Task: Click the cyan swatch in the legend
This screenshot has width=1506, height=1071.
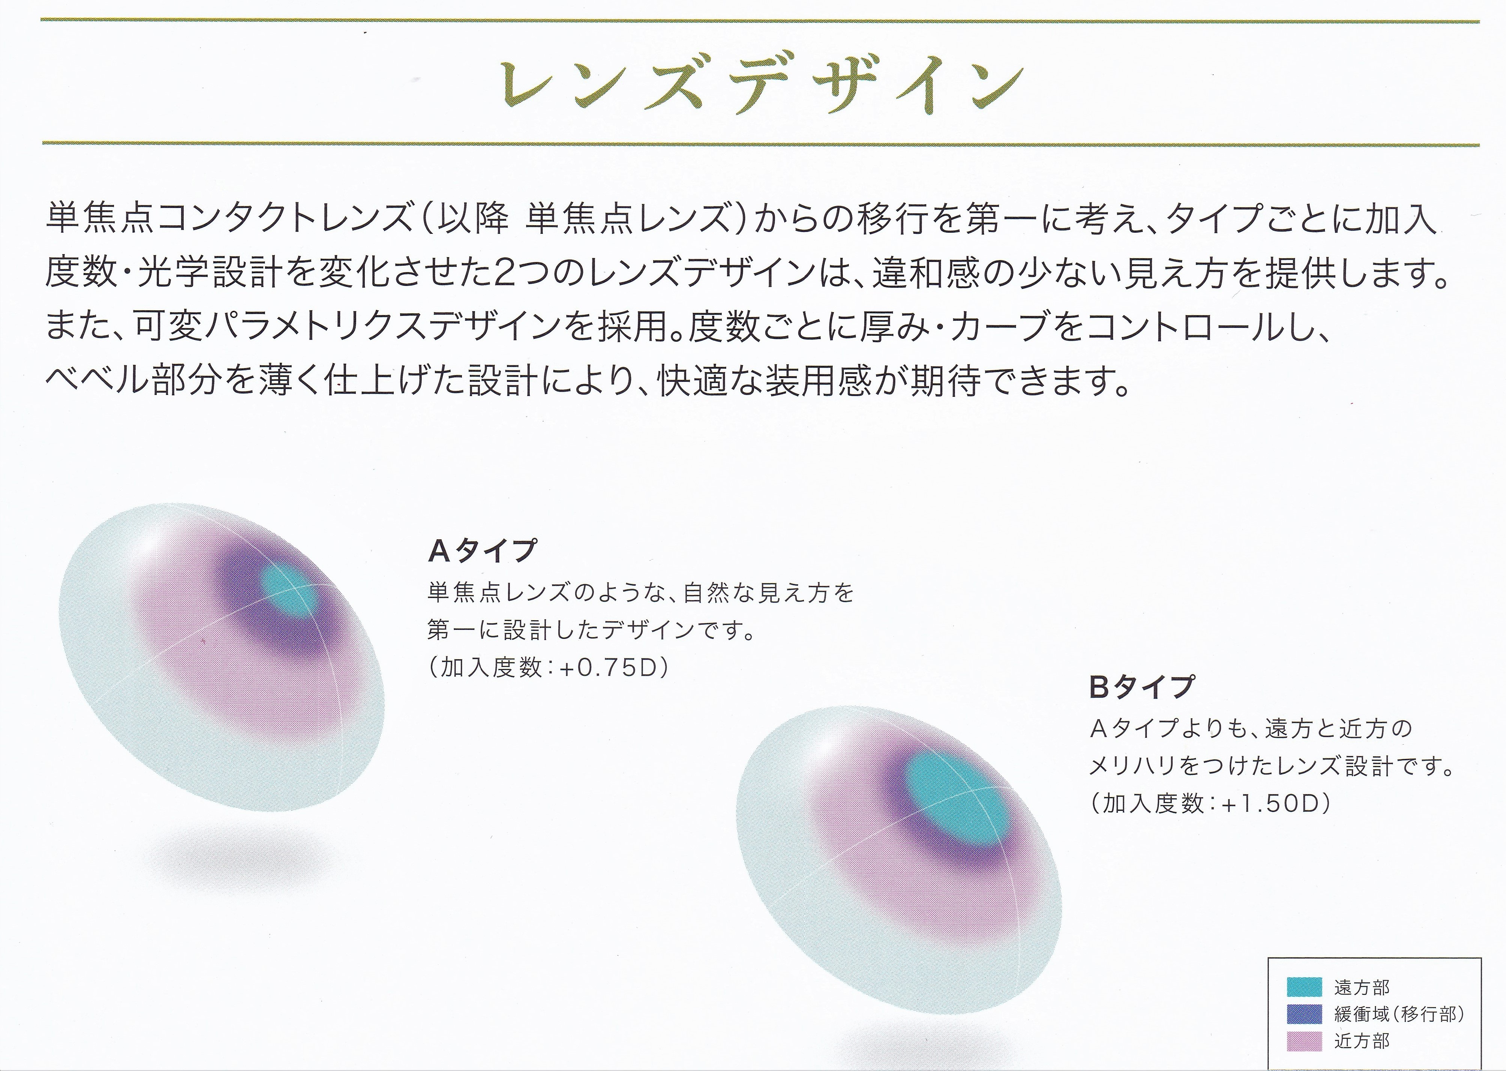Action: tap(1304, 987)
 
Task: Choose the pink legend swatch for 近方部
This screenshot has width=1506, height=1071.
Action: tap(1304, 1041)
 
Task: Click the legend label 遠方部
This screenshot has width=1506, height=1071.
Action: tap(1362, 987)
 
